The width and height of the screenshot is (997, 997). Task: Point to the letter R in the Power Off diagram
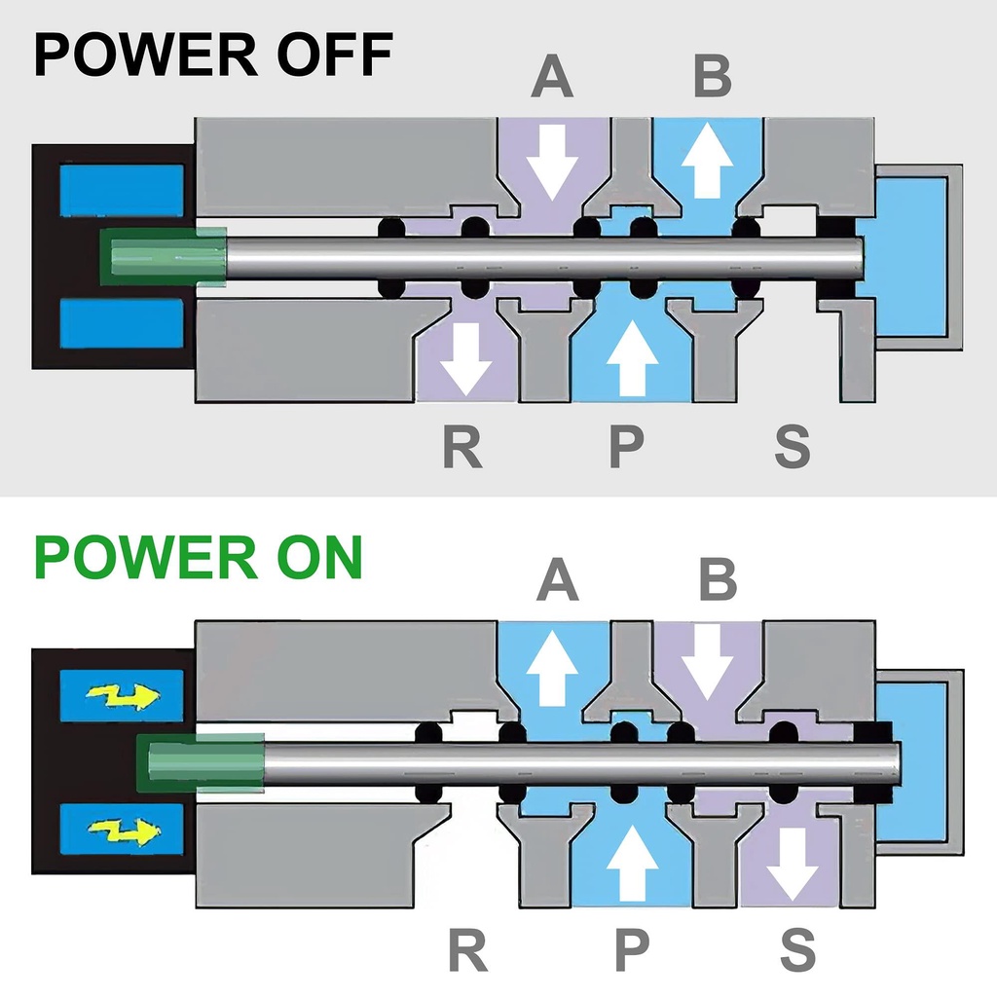point(462,446)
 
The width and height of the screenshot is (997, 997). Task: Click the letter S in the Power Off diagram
point(792,446)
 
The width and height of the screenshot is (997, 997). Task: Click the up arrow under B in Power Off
point(707,161)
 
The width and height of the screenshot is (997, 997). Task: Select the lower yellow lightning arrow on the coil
point(122,831)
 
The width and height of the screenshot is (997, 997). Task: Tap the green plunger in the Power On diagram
point(200,761)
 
